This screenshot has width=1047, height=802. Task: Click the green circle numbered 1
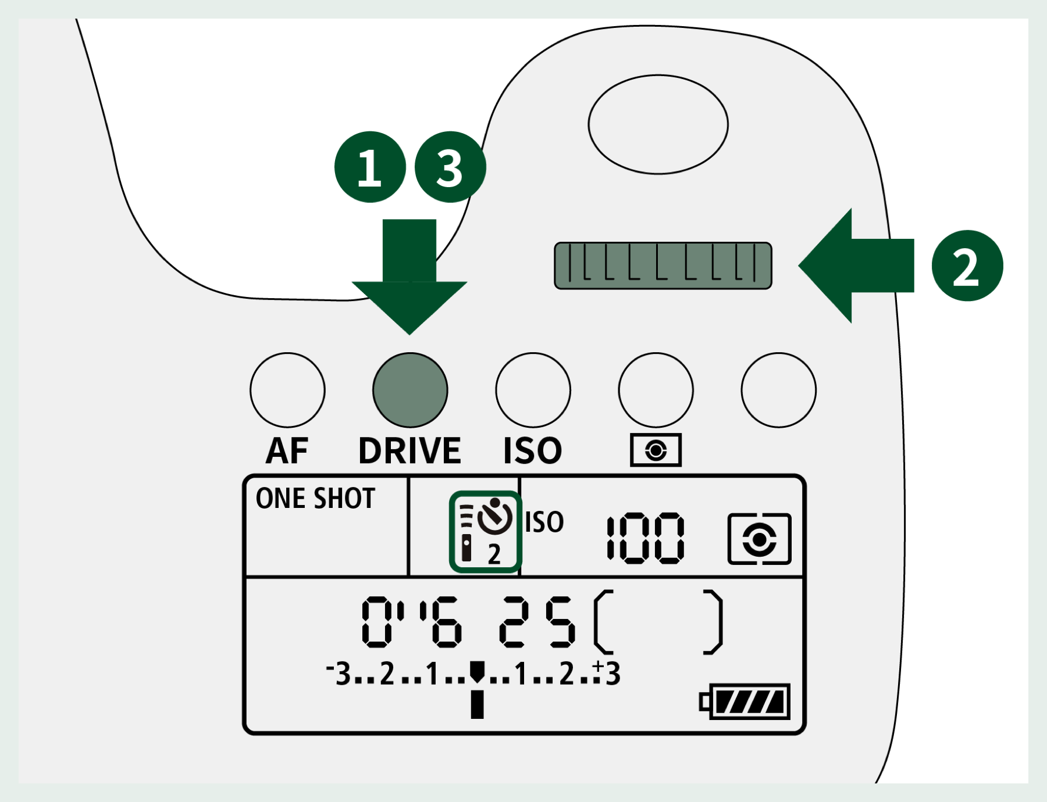coord(370,167)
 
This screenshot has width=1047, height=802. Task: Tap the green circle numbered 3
coord(450,167)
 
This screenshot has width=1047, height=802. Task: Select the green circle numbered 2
coord(967,266)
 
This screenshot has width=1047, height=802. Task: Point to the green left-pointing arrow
coord(856,266)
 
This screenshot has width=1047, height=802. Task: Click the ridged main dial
coord(663,266)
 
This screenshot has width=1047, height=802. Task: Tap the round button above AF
coord(287,390)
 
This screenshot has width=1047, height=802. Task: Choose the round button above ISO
coord(533,390)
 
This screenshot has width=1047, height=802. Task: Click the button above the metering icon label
coord(656,390)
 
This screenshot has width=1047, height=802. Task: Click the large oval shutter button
coord(658,124)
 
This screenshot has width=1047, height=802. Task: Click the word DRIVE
coord(410,450)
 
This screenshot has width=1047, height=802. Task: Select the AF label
coord(287,450)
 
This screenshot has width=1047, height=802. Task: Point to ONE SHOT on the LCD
coord(316,499)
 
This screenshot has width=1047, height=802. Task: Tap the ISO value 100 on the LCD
coord(646,538)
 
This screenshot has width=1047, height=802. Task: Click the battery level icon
coord(745,701)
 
